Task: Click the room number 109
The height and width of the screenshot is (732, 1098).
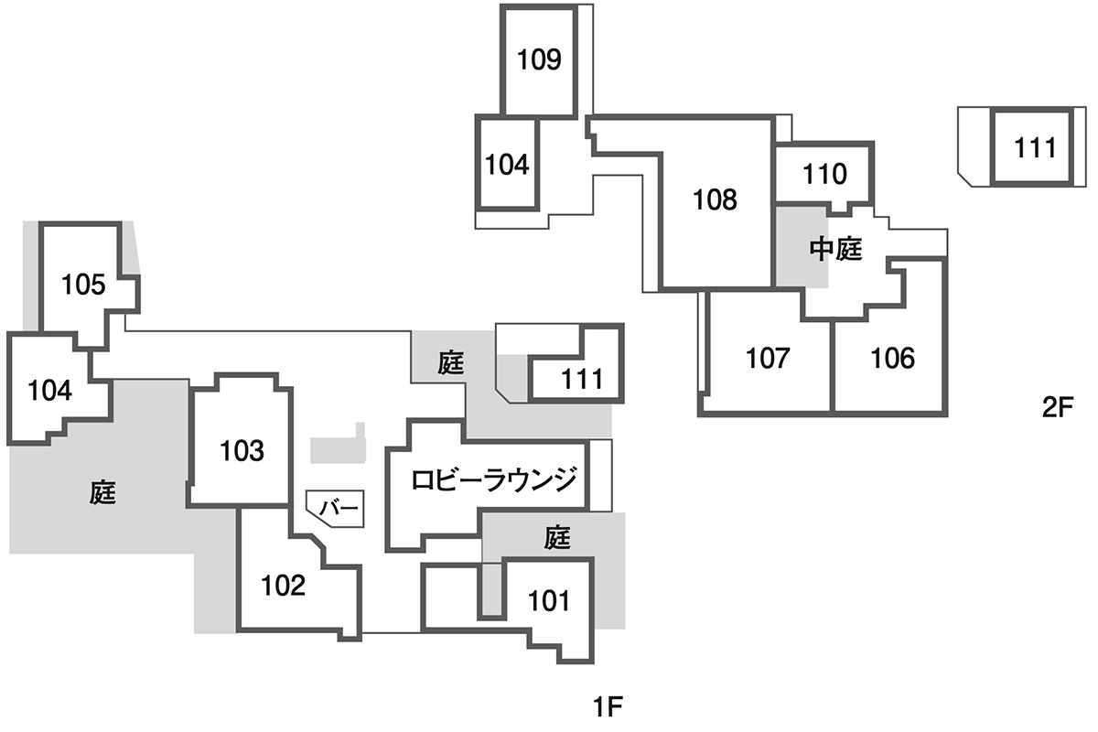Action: click(x=539, y=60)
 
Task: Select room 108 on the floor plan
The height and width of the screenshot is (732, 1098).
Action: click(x=715, y=199)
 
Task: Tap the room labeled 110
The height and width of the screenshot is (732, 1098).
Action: click(x=825, y=174)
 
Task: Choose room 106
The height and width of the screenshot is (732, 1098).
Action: click(x=892, y=358)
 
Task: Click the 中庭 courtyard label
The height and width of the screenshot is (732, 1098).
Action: click(x=836, y=249)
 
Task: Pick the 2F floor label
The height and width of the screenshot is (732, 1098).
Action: click(x=1056, y=408)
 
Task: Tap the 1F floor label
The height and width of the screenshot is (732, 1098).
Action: click(x=608, y=706)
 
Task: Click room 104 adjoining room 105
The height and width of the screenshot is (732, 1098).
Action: click(x=49, y=391)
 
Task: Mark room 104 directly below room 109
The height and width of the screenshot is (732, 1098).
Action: click(x=507, y=166)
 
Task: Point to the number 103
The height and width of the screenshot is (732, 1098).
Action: click(x=242, y=450)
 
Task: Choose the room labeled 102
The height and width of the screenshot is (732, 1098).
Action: click(x=283, y=585)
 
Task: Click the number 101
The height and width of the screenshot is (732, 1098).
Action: click(x=549, y=601)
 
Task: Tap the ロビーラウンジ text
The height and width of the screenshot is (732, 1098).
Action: click(x=494, y=479)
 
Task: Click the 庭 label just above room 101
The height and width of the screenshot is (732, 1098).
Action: click(x=557, y=538)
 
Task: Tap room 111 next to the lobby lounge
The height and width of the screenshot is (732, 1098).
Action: click(x=582, y=378)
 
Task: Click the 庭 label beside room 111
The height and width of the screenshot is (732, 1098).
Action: click(x=450, y=363)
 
